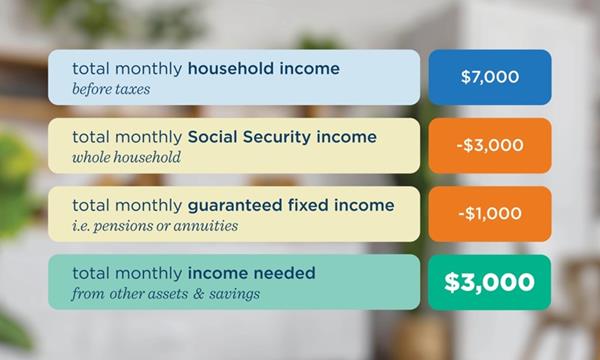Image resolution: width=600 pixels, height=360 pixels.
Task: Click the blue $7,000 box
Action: click(x=490, y=77)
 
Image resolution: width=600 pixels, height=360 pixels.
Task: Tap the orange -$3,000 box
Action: click(x=490, y=145)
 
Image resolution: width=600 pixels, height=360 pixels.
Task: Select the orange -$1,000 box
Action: click(x=490, y=213)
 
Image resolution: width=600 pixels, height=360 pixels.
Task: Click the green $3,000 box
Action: click(x=490, y=282)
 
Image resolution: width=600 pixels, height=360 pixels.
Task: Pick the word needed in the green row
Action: click(x=286, y=273)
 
